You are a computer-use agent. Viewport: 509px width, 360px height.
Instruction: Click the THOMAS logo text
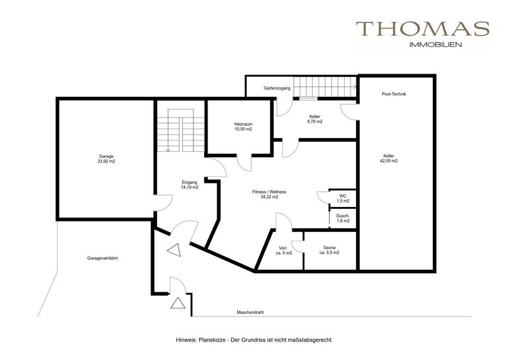coord(423,29)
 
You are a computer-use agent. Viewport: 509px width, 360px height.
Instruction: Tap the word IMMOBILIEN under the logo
coord(435,45)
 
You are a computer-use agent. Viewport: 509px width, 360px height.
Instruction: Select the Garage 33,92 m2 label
coord(106,158)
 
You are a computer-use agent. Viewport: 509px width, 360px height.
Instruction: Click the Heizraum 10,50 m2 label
coord(243,127)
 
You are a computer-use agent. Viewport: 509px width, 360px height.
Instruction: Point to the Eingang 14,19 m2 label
coord(190,185)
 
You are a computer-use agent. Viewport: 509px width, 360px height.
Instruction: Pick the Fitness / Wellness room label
coord(269,194)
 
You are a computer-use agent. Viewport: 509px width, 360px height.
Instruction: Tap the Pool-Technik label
coord(394,94)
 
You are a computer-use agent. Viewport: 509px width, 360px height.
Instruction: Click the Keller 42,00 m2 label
coord(388,158)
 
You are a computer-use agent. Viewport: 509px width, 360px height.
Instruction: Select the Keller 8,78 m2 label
coord(315,119)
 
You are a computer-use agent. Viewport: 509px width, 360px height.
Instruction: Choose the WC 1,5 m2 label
coord(343,198)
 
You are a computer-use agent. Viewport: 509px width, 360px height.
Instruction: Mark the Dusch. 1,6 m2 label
coord(343,219)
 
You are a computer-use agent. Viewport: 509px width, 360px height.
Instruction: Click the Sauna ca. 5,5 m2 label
coord(329,250)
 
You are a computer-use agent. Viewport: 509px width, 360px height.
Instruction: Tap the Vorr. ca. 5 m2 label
coord(284,251)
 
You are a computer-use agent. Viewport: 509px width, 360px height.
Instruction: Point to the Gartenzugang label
coord(277,88)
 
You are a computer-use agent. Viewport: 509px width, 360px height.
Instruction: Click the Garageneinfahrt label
coord(102,259)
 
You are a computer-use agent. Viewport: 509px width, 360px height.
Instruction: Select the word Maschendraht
coord(250,312)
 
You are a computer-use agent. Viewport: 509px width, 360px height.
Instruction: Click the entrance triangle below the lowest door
coord(178,303)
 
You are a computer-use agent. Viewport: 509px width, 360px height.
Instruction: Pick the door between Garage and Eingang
coord(164,203)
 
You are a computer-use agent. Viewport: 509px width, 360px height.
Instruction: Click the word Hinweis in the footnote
coord(184,340)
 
